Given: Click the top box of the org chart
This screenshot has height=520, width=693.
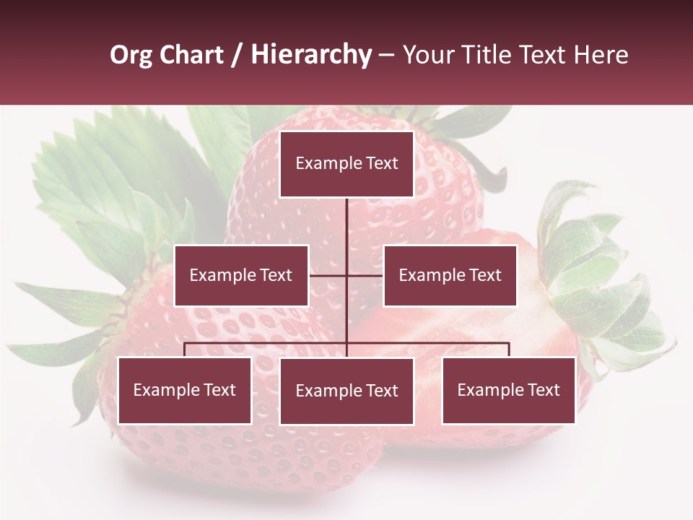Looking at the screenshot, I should tap(346, 164).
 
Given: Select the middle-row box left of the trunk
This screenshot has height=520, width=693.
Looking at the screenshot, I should tap(241, 275).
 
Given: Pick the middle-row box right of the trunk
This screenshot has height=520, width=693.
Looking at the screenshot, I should tap(450, 275).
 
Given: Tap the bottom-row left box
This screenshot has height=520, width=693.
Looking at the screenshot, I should tap(184, 390).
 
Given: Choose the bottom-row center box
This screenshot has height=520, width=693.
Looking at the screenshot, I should tap(346, 391).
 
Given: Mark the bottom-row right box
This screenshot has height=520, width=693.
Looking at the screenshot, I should tap(508, 390).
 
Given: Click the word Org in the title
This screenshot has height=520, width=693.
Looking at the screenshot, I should tap(131, 56).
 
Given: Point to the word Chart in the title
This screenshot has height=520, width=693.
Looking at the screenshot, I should tap(191, 56).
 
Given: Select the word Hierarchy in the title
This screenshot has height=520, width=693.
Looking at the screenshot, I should tap(311, 56).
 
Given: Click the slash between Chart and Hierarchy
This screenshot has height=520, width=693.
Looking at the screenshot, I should tap(237, 56).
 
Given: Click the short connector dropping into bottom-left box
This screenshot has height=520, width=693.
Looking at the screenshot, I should tap(184, 350).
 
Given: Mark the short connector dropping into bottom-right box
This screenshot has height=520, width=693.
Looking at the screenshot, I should tap(509, 350).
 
